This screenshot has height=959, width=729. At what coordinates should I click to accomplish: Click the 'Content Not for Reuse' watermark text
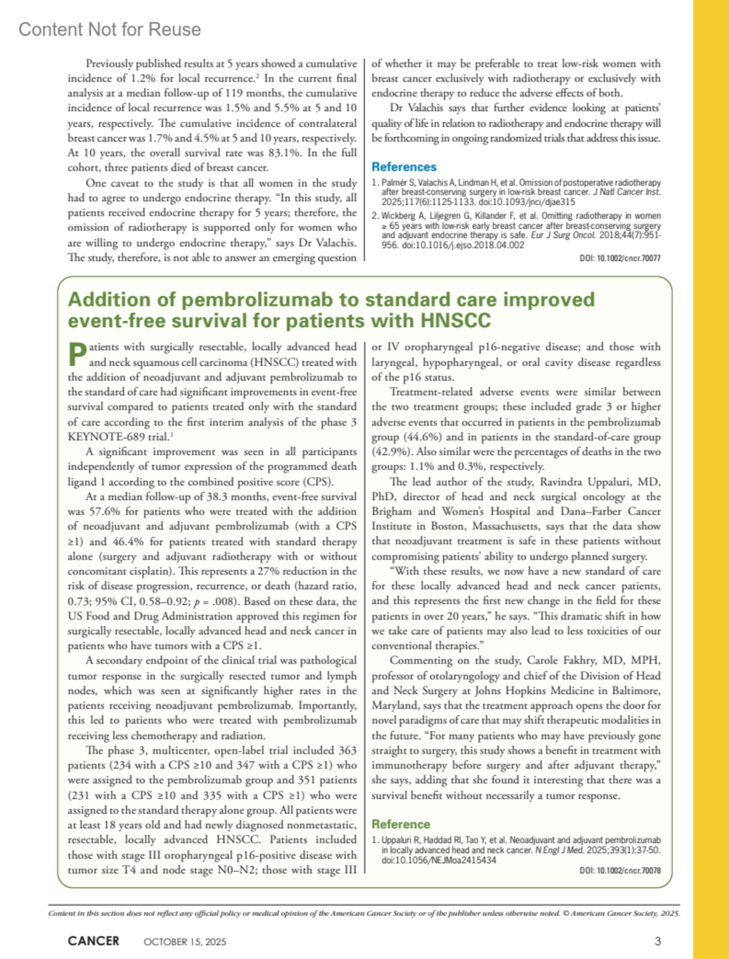pos(109,29)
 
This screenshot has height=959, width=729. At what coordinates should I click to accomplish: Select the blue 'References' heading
pos(404,167)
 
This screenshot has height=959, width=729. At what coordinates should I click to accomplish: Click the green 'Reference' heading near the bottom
pos(400,824)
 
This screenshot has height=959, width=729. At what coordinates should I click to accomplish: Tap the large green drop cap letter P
pos(77,354)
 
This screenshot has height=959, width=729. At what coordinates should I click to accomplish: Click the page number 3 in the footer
pos(657,941)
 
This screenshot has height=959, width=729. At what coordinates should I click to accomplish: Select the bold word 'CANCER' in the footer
pos(94,941)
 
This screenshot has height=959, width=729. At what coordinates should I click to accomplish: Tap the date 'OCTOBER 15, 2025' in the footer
pos(185,942)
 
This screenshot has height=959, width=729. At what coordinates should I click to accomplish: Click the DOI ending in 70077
pos(620,258)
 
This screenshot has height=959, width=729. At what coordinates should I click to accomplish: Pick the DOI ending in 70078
pos(620,871)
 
